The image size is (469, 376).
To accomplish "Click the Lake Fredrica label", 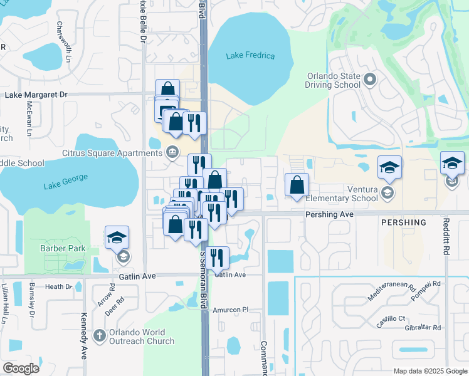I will (x=251, y=56).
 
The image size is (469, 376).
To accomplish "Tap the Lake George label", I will (x=63, y=185).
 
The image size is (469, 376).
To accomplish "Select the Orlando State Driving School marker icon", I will (x=369, y=80).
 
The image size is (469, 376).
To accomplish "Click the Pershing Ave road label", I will (x=330, y=214).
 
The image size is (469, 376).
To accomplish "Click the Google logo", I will (x=21, y=368).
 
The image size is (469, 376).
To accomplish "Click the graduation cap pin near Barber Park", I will (x=117, y=238).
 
